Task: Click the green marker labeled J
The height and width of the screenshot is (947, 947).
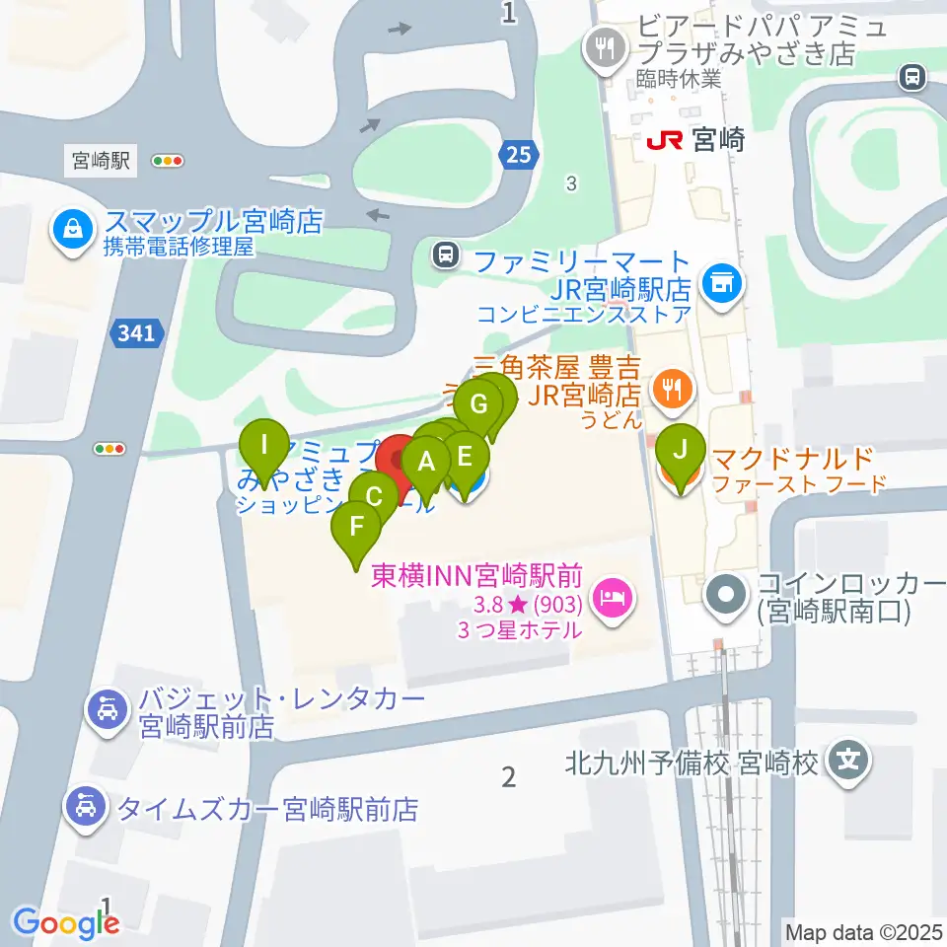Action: [x=680, y=450]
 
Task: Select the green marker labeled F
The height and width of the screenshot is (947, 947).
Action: [x=356, y=527]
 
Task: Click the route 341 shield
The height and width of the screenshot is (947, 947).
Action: [x=134, y=334]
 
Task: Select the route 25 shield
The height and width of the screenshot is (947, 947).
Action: [x=518, y=153]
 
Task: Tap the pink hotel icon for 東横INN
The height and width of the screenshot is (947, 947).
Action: [x=612, y=597]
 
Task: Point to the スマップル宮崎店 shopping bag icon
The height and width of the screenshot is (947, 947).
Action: [x=73, y=231]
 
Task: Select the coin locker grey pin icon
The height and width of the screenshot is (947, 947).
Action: [x=728, y=596]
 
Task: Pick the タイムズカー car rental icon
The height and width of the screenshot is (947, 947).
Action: [x=87, y=808]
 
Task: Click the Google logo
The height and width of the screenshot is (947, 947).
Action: [x=66, y=923]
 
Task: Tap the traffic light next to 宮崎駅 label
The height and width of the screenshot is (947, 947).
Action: [x=169, y=160]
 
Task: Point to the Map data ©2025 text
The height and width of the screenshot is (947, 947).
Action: [x=862, y=930]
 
